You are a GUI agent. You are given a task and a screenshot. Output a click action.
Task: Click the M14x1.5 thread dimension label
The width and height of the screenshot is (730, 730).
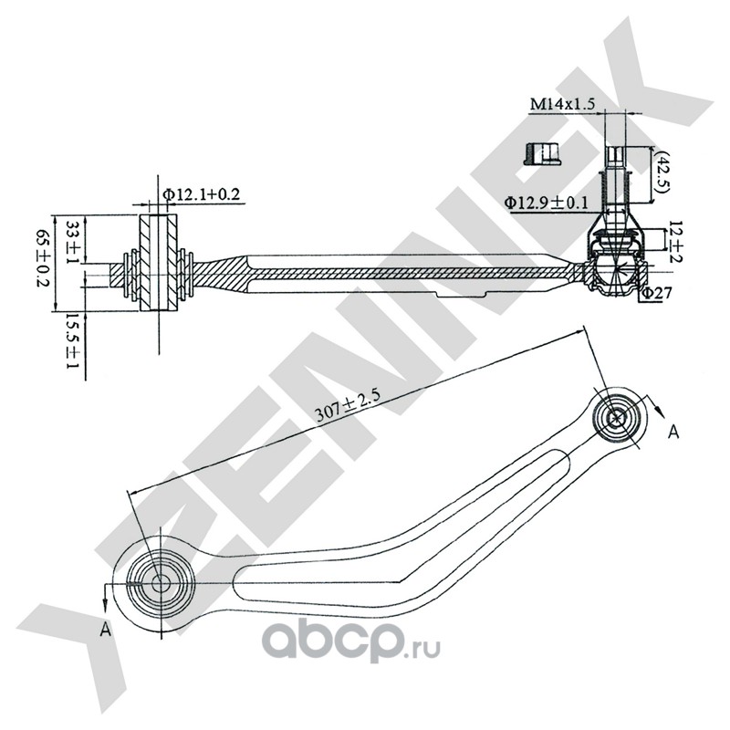pos(562,106)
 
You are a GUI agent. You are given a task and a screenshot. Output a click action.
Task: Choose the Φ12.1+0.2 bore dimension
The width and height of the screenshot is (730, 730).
pos(202,193)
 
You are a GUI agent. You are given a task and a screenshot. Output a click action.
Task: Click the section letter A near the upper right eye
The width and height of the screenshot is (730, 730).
pos(674,431)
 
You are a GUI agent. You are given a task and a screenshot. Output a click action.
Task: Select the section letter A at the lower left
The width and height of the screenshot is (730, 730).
pos(107,629)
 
